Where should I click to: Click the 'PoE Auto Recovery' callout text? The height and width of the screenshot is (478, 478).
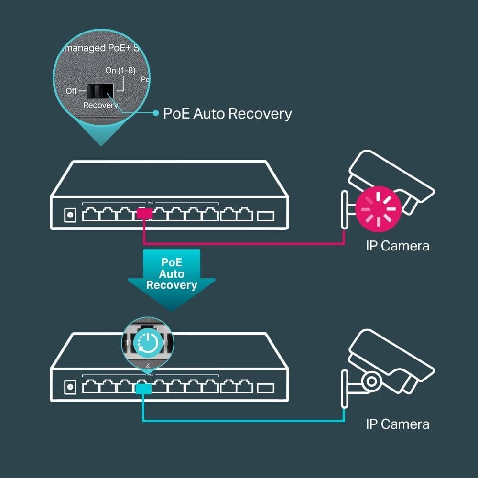[x=227, y=114]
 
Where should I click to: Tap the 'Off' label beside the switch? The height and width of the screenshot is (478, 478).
[x=71, y=91]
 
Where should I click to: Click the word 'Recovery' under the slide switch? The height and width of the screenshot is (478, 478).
[x=100, y=105]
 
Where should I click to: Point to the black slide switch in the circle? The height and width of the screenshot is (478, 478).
[x=99, y=90]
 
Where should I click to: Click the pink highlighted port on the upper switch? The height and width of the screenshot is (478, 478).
[x=144, y=214]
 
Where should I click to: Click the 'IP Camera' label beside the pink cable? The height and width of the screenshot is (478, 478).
[x=397, y=246]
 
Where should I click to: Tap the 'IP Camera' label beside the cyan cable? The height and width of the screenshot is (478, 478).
[x=397, y=424]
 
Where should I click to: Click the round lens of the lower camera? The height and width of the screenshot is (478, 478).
[x=371, y=381]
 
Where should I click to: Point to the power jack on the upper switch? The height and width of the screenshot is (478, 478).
[x=70, y=216]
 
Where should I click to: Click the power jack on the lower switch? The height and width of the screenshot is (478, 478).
[x=70, y=388]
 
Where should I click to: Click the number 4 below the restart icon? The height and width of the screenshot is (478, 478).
[x=148, y=366]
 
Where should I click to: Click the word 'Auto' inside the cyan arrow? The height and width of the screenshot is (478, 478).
[x=171, y=274]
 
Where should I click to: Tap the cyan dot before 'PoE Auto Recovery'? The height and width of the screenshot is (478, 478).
[x=155, y=113]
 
